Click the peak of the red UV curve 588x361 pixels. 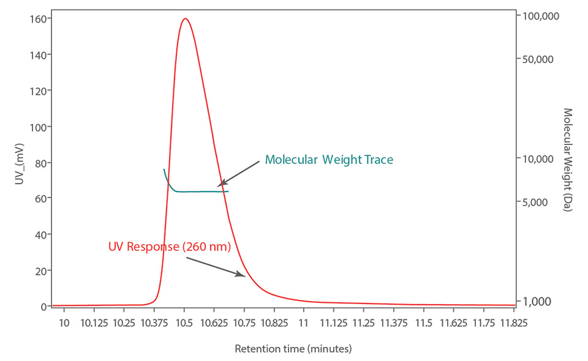185,18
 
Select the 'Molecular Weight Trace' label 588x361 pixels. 328,160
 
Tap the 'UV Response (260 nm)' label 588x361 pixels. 169,247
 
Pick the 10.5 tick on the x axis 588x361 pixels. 184,322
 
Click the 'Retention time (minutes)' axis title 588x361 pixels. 293,349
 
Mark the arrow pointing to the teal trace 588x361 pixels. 238,173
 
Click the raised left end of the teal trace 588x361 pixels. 164,169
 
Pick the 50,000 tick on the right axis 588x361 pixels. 540,59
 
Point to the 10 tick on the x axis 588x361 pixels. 64,322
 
